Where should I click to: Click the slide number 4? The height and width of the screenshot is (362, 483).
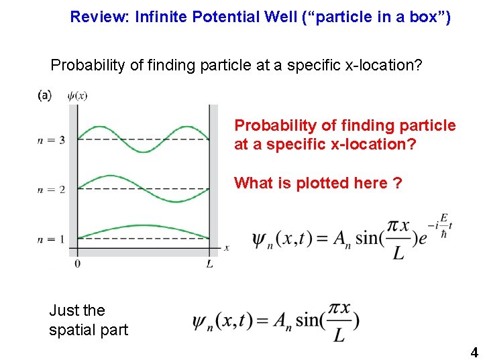click(x=474, y=352)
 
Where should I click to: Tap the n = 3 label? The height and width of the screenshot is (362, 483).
click(x=52, y=140)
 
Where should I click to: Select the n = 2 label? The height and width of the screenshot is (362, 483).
click(x=52, y=190)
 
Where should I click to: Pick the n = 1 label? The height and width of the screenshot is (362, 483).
click(x=52, y=239)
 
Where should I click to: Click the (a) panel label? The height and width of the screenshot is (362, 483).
click(x=44, y=96)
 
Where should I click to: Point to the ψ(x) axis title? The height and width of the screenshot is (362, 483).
click(x=78, y=96)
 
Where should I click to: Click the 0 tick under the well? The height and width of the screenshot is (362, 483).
click(x=78, y=263)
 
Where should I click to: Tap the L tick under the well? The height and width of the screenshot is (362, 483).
click(x=209, y=263)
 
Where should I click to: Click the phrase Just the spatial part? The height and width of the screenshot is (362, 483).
click(x=88, y=320)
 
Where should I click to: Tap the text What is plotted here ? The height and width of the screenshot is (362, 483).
click(x=318, y=183)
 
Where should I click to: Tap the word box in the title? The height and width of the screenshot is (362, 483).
click(x=423, y=17)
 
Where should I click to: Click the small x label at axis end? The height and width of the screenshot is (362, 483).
click(x=227, y=248)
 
